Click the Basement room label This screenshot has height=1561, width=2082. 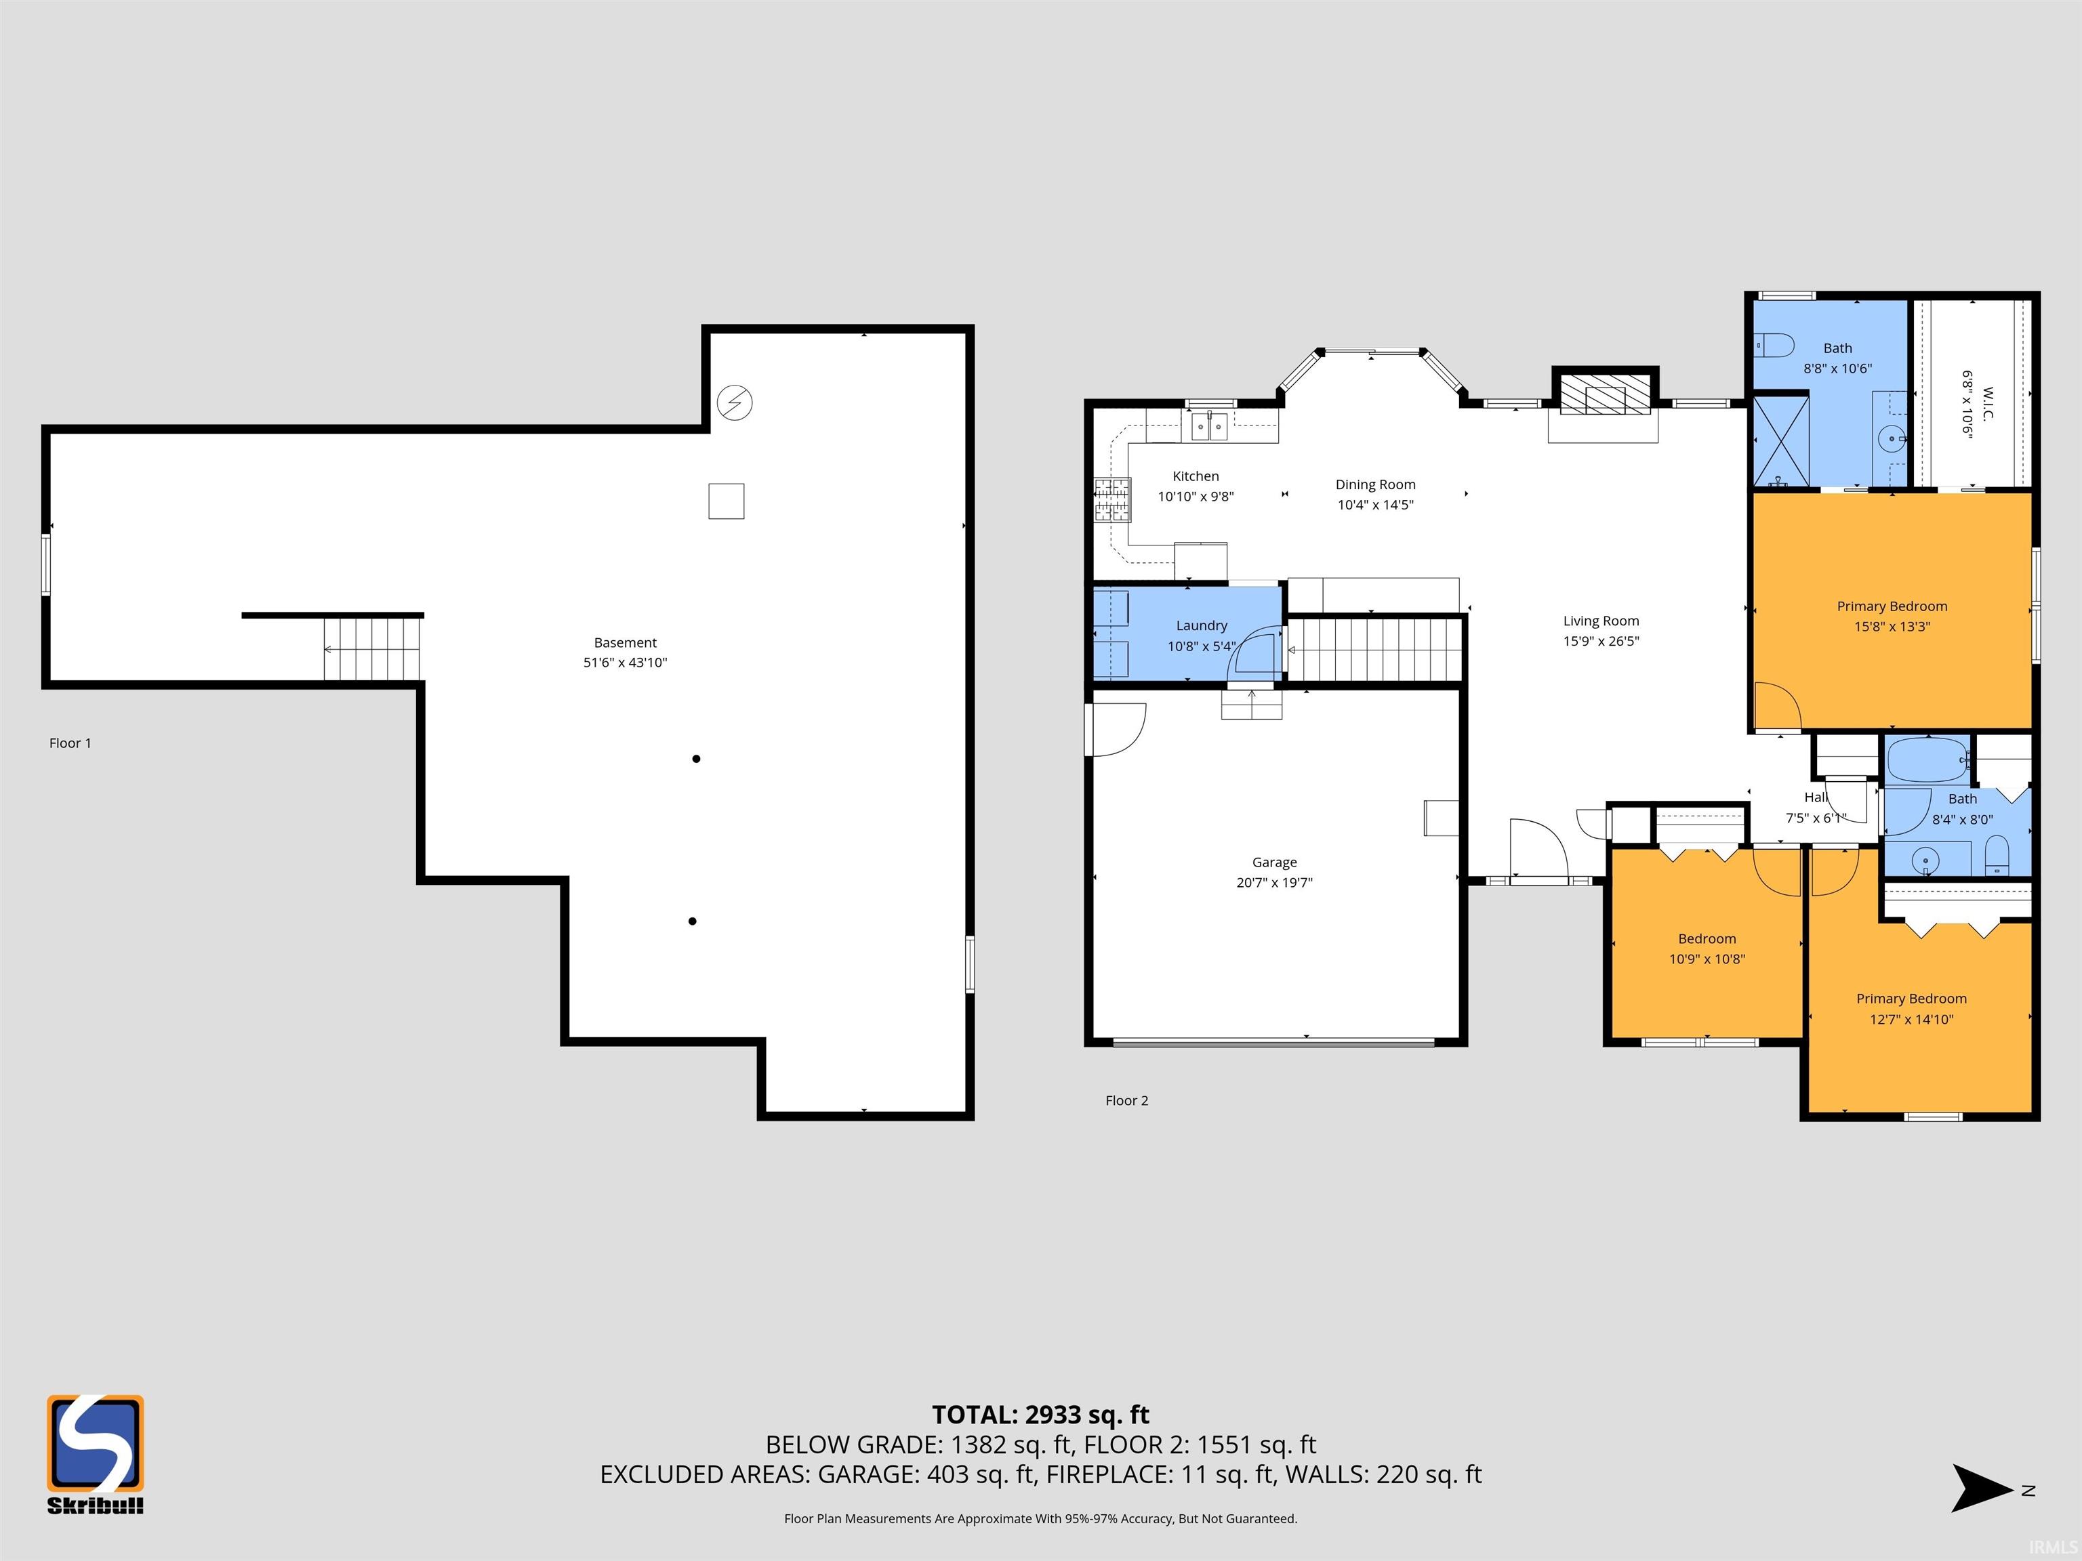click(625, 643)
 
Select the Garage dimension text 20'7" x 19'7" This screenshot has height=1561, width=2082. click(1274, 883)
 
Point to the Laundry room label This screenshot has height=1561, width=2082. click(1201, 626)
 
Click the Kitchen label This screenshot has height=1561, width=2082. click(1196, 476)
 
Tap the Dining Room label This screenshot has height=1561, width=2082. click(1375, 484)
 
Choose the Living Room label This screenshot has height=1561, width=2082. click(1601, 621)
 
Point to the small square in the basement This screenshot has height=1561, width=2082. click(727, 501)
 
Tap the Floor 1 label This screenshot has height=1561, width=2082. click(70, 743)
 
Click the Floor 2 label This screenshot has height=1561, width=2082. click(1126, 1101)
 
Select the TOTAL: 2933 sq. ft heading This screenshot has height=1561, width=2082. click(1040, 1415)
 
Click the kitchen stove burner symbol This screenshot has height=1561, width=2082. click(1111, 499)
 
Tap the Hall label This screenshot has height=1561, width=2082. click(1816, 798)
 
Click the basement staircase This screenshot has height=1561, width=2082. click(373, 648)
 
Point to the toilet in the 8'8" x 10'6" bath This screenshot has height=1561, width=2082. click(1775, 346)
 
